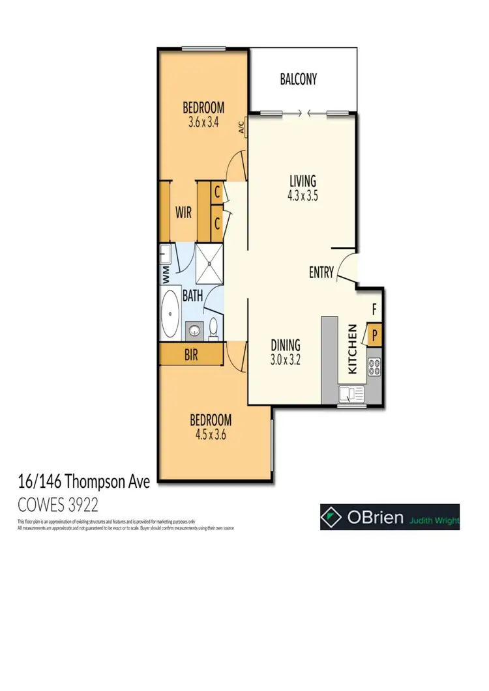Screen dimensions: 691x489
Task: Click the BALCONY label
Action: [298, 79]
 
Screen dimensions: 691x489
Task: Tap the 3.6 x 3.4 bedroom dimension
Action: [203, 120]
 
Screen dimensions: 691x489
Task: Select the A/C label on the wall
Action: [241, 126]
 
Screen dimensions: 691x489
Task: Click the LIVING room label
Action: [303, 180]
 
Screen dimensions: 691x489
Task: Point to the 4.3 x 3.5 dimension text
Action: [303, 194]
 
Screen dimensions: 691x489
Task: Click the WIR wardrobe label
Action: [183, 212]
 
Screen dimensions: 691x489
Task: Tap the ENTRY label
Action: [321, 273]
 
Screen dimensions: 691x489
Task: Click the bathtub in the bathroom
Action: [171, 315]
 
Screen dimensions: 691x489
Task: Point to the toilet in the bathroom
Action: [213, 330]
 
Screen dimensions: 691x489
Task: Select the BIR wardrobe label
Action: [191, 356]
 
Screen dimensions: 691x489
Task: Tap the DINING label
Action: [286, 345]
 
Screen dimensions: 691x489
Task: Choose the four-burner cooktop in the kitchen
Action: [374, 369]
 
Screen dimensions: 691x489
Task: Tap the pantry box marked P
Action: [375, 336]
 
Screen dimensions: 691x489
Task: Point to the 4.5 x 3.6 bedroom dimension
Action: [210, 434]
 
